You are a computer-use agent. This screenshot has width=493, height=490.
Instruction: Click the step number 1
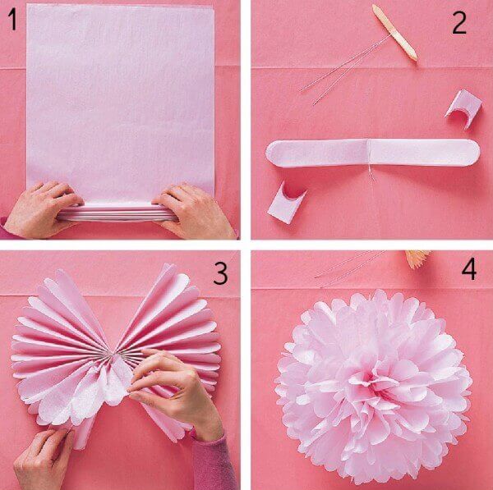pyautogui.click(x=12, y=20)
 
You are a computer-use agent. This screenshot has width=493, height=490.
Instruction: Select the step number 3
pyautogui.click(x=220, y=273)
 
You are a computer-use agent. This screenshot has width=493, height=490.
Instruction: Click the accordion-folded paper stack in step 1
pyautogui.click(x=117, y=213)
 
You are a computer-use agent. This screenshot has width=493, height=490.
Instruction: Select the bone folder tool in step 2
pyautogui.click(x=395, y=32)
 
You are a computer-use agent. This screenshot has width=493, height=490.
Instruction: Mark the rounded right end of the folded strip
pyautogui.click(x=471, y=152)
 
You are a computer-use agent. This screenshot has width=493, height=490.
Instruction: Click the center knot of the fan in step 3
pyautogui.click(x=113, y=354)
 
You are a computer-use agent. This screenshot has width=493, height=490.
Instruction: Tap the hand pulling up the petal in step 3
pyautogui.click(x=176, y=390)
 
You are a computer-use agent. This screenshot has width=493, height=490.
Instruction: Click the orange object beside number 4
pyautogui.click(x=417, y=259)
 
